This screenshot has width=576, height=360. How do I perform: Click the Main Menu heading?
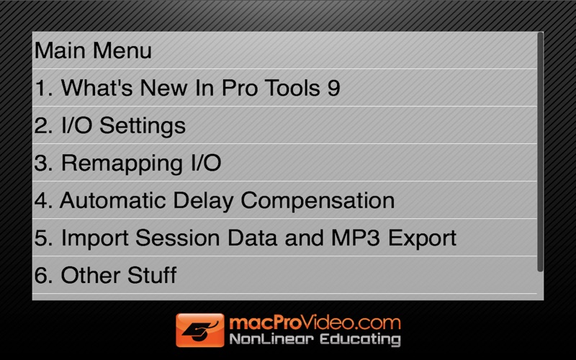[93, 50]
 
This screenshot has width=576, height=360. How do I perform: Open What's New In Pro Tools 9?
[187, 88]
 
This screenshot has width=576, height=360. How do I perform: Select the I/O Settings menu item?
[110, 125]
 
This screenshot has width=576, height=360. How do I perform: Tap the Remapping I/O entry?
[128, 163]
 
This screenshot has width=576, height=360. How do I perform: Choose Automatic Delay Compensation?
[215, 201]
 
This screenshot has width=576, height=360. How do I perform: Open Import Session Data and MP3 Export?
[246, 238]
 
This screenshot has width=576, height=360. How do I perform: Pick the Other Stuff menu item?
[105, 275]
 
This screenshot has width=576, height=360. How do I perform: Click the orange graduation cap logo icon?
[200, 330]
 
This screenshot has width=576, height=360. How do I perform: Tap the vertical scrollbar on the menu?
[540, 152]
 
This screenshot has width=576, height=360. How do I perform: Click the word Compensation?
[318, 201]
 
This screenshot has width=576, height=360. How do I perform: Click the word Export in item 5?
[423, 238]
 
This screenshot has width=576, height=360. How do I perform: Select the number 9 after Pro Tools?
[334, 88]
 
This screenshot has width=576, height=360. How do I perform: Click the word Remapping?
[122, 164]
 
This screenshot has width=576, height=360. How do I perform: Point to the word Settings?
[143, 126]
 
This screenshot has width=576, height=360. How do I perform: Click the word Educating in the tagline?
[360, 339]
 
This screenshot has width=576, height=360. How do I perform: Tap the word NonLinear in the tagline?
[272, 338]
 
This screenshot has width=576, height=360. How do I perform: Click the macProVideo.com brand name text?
[315, 323]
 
